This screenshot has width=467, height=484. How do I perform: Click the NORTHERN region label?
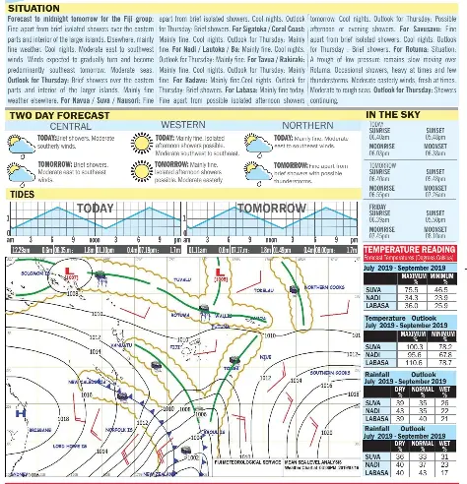306,127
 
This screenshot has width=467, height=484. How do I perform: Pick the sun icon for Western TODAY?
140,143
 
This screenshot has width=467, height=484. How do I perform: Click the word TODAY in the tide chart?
94,210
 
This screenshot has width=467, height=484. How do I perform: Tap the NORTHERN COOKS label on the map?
322,286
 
